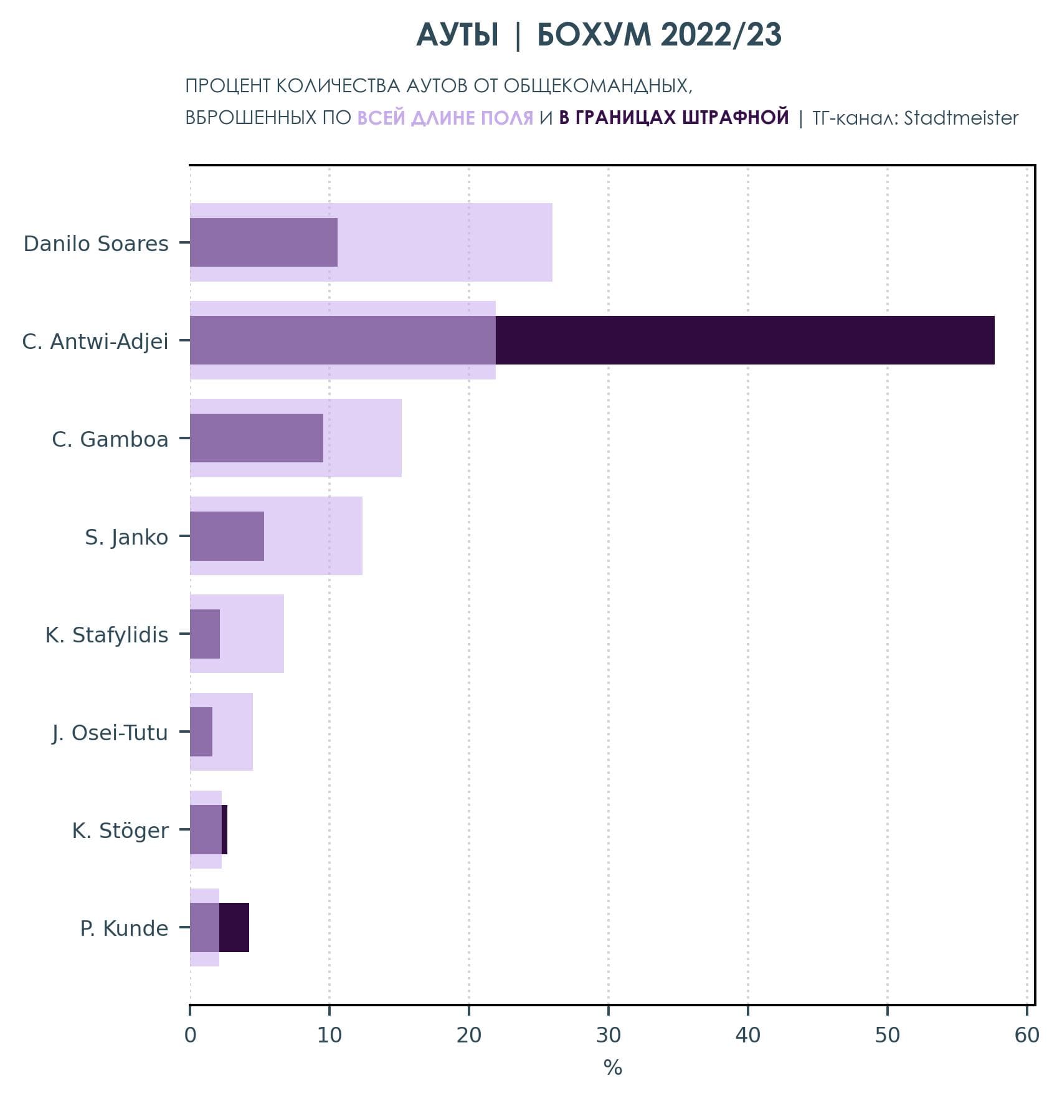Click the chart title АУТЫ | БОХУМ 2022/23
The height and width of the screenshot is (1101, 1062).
[599, 35]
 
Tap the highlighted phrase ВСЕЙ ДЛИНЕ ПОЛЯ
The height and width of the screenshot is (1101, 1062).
[445, 118]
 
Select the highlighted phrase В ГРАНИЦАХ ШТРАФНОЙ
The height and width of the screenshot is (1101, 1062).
[673, 118]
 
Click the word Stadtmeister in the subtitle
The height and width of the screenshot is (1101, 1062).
[960, 118]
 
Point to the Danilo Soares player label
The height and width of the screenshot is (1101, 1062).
[96, 244]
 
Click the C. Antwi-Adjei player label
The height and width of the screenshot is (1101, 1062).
[95, 341]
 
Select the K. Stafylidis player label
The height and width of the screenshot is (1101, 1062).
[107, 635]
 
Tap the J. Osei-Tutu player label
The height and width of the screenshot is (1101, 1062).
[110, 733]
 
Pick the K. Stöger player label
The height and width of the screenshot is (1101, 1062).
[120, 831]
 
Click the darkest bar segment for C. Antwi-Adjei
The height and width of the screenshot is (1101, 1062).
[744, 340]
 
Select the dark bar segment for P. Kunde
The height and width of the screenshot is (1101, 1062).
[234, 928]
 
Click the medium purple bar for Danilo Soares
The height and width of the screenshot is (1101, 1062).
[263, 242]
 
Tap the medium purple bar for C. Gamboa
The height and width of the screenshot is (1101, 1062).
[257, 438]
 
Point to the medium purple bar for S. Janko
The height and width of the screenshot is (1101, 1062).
[227, 536]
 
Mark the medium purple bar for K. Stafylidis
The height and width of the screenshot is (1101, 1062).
[205, 634]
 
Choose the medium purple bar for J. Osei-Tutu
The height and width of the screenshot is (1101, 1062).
[201, 732]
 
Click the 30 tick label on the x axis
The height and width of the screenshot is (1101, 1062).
[608, 1035]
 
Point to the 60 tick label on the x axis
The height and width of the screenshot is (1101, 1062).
[1026, 1035]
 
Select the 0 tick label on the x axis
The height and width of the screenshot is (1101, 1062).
[190, 1035]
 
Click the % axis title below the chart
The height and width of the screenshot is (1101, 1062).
[612, 1068]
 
